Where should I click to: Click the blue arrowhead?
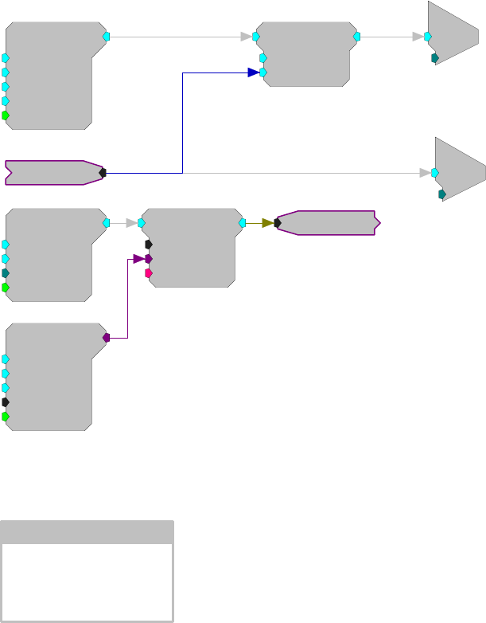click(x=253, y=72)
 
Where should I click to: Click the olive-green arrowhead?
click(x=267, y=223)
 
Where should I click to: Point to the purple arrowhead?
click(x=138, y=259)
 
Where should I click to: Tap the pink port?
click(x=149, y=273)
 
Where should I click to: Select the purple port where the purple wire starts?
click(x=106, y=338)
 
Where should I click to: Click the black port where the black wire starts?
click(x=103, y=172)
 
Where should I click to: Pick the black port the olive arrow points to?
click(x=278, y=223)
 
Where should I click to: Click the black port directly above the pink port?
click(x=149, y=245)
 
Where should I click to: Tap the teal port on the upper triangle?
click(x=435, y=58)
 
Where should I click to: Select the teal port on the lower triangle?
click(x=442, y=194)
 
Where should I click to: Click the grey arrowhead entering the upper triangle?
click(x=418, y=36)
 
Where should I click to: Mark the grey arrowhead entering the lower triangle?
click(x=425, y=172)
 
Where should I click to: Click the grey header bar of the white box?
click(x=87, y=532)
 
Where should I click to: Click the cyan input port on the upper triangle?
click(x=428, y=36)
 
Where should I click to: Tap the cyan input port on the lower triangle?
click(x=435, y=172)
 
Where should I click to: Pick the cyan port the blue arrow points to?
click(x=263, y=72)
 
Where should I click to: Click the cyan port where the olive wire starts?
click(x=241, y=223)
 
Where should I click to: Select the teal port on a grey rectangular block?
click(x=6, y=272)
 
